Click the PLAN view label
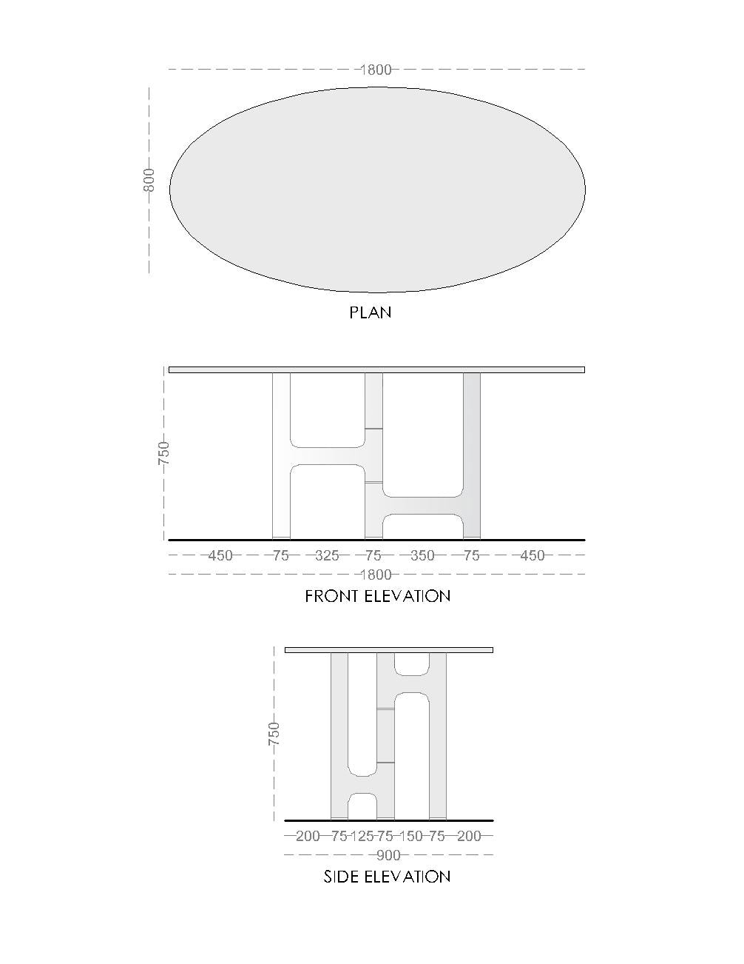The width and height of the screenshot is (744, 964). pyautogui.click(x=371, y=312)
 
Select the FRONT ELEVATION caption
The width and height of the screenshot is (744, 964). pyautogui.click(x=377, y=596)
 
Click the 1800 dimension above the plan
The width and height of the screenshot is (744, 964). pyautogui.click(x=376, y=70)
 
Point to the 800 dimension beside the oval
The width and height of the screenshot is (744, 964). pyautogui.click(x=149, y=180)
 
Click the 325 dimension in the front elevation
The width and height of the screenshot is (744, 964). pyautogui.click(x=327, y=555)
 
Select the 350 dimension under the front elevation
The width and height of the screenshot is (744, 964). pyautogui.click(x=422, y=555)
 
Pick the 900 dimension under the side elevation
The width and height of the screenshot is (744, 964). pyautogui.click(x=388, y=855)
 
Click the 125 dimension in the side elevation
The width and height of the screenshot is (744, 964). pyautogui.click(x=362, y=836)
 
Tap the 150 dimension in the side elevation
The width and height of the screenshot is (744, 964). pyautogui.click(x=411, y=836)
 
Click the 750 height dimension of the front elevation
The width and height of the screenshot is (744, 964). pyautogui.click(x=163, y=453)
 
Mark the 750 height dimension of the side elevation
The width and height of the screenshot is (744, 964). pyautogui.click(x=274, y=734)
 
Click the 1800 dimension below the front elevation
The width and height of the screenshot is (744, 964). pyautogui.click(x=376, y=575)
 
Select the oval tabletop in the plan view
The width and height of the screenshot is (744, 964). pyautogui.click(x=377, y=190)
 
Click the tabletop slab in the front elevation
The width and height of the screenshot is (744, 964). pyautogui.click(x=376, y=370)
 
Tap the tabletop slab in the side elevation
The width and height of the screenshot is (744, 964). pyautogui.click(x=388, y=650)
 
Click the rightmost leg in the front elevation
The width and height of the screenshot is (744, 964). pyautogui.click(x=472, y=455)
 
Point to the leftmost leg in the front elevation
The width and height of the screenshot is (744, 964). pyautogui.click(x=281, y=455)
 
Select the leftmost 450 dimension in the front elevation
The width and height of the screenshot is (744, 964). pyautogui.click(x=220, y=555)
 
